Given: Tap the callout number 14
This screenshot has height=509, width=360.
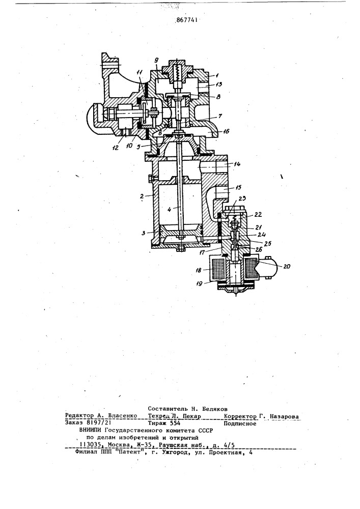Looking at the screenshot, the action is pos(237,164).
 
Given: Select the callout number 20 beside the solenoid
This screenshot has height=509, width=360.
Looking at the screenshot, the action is pos(286,267).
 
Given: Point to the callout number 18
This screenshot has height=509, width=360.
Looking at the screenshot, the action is pos(199,270).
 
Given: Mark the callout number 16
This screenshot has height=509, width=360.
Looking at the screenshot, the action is pos(226,131).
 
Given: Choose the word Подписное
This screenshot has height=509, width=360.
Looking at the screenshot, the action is pos(240,423).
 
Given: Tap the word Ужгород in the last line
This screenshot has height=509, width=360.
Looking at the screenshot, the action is pos(176,452).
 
